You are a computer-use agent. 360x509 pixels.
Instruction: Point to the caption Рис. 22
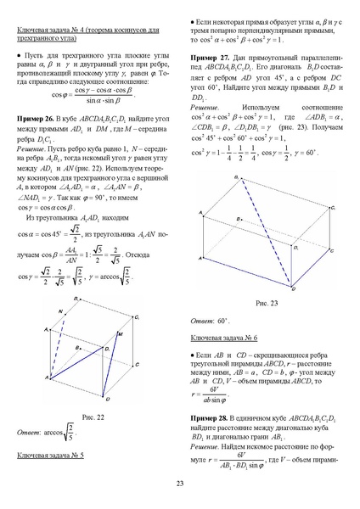(93, 416)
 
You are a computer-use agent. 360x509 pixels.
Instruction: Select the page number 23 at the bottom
(180, 484)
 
